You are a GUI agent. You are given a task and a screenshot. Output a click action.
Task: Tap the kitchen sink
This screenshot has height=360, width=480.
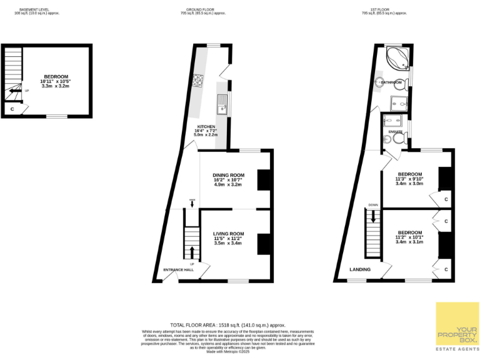click(x=222, y=107)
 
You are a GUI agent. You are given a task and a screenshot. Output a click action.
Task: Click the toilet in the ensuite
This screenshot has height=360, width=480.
click(x=387, y=141)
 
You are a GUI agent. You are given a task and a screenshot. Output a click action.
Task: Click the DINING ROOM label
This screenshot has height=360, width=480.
click(x=228, y=175)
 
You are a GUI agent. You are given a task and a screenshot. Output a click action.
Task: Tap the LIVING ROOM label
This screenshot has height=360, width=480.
click(x=228, y=234)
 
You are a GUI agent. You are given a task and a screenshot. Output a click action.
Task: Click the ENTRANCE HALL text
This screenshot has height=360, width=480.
click(x=178, y=270)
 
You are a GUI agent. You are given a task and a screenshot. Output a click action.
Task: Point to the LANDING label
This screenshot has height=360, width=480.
click(x=360, y=269)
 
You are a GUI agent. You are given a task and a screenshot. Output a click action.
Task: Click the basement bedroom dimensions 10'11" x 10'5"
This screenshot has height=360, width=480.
click(x=55, y=81)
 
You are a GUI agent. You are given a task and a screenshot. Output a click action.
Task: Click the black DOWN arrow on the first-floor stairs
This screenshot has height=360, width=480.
click(x=373, y=216)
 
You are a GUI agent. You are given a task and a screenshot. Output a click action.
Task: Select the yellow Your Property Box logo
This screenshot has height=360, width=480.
click(x=457, y=324)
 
